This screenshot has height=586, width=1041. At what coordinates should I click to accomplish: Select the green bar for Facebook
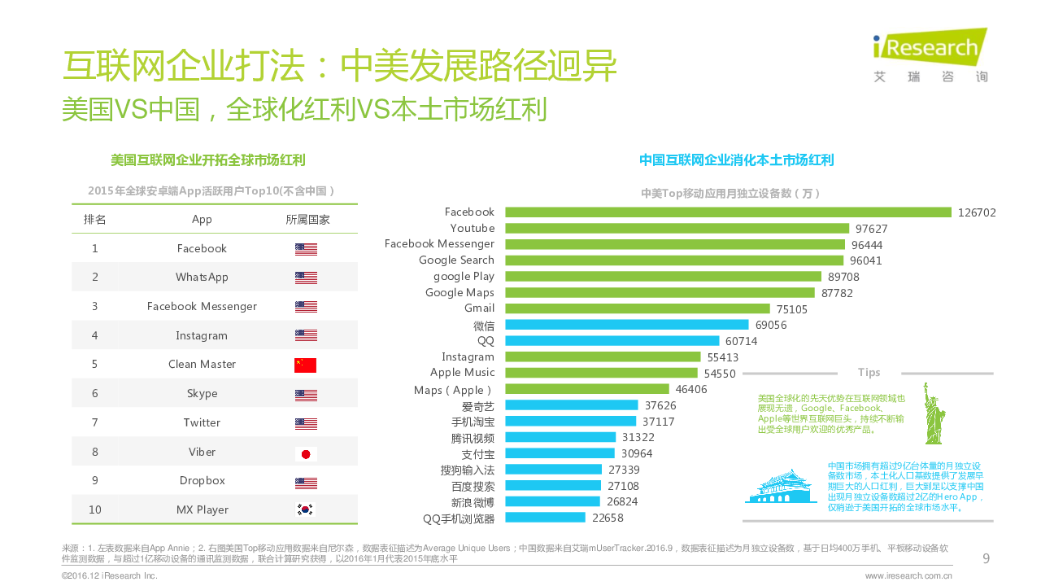728,212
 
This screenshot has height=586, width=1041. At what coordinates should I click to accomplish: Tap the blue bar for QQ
612,341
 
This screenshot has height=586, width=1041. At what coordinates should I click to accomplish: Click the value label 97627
871,229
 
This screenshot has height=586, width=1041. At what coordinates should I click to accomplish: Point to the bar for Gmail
637,308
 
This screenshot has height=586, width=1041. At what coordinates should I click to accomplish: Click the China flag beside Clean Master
306,365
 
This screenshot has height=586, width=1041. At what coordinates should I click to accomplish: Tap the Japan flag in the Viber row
306,454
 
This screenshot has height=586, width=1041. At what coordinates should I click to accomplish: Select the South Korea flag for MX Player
306,510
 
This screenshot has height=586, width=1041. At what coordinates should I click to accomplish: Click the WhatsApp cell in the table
202,277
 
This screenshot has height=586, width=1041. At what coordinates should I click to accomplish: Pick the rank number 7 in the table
94,422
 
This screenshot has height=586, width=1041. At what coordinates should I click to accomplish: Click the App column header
202,220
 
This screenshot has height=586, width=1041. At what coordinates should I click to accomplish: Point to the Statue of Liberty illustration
933,413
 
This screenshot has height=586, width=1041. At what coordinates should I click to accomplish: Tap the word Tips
869,373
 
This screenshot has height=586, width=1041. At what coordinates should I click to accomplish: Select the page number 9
986,558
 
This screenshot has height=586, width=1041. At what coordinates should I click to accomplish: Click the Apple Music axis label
462,373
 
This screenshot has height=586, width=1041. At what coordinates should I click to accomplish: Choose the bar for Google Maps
660,293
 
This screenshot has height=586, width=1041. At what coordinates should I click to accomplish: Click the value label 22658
608,518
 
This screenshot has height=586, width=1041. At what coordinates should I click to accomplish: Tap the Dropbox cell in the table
202,480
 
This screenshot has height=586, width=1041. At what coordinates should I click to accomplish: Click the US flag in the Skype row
306,395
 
